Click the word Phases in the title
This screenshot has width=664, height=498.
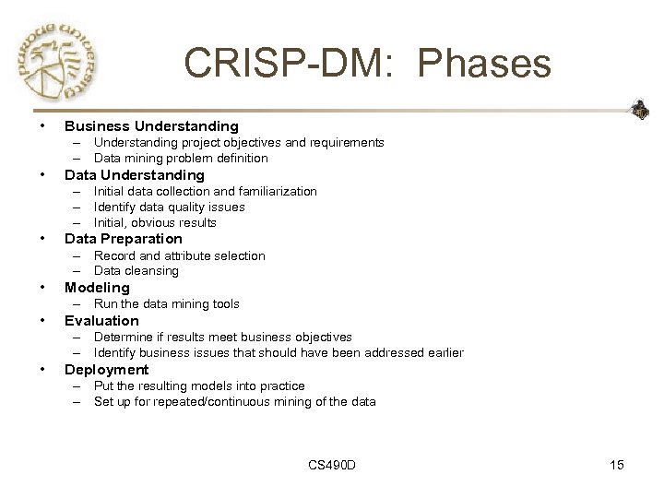484,64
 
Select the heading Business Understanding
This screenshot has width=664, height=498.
151,125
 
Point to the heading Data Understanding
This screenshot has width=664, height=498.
134,174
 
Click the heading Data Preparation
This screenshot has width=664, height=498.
124,239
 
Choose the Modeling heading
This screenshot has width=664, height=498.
97,288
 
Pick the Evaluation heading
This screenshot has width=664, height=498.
101,321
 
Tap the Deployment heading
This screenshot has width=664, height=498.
106,370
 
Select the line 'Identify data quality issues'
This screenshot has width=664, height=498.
169,207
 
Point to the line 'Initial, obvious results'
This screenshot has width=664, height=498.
155,222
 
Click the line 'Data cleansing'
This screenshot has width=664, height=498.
136,271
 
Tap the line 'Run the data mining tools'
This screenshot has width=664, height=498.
166,304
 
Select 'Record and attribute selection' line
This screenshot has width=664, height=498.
179,255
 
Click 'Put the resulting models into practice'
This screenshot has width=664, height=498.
198,385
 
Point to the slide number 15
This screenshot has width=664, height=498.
616,465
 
